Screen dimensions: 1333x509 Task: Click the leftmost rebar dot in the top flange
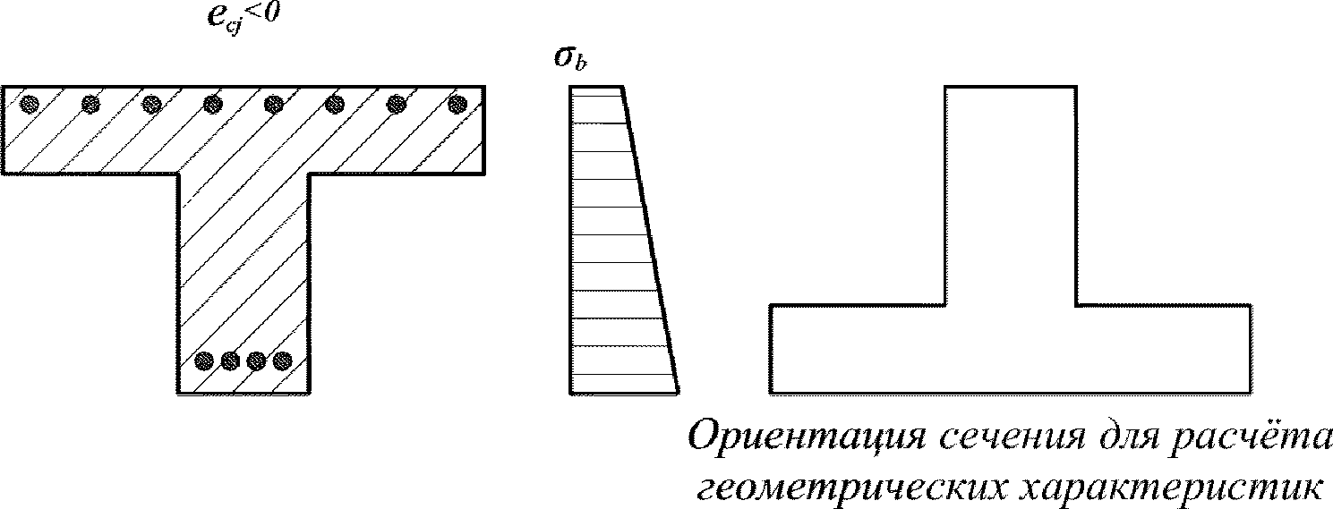[x=30, y=105]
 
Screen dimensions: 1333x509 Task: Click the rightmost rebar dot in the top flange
[x=457, y=105]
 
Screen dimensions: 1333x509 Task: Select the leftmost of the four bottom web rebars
[x=205, y=361]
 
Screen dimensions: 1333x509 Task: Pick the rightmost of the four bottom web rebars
[x=283, y=361]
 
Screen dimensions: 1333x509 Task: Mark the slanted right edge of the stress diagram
[x=651, y=240]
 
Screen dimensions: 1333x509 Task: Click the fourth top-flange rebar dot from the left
[x=212, y=105]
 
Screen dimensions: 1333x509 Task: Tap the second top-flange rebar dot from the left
[x=90, y=105]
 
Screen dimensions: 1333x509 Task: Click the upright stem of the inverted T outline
[x=1011, y=196]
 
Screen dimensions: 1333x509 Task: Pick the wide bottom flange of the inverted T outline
[x=1011, y=350]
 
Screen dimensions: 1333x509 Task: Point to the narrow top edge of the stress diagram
[x=595, y=88]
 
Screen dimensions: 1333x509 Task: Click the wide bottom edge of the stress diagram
[x=624, y=393]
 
